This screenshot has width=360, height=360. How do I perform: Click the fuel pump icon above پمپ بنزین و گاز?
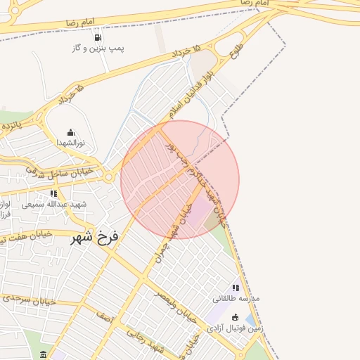click(97, 37)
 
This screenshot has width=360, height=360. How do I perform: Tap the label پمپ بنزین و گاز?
click(97, 48)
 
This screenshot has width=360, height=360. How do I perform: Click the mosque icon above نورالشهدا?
click(70, 132)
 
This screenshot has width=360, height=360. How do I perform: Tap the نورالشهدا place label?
click(70, 142)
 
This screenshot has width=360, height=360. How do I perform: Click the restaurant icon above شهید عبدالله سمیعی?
click(54, 193)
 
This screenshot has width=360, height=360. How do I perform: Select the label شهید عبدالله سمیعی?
click(53, 204)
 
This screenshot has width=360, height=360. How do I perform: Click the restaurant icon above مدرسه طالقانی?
click(236, 288)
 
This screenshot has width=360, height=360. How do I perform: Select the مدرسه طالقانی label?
click(236, 298)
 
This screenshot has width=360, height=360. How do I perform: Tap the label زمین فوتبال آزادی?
click(235, 328)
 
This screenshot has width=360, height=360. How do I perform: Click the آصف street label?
click(105, 319)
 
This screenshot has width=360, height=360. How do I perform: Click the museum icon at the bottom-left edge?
click(44, 354)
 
